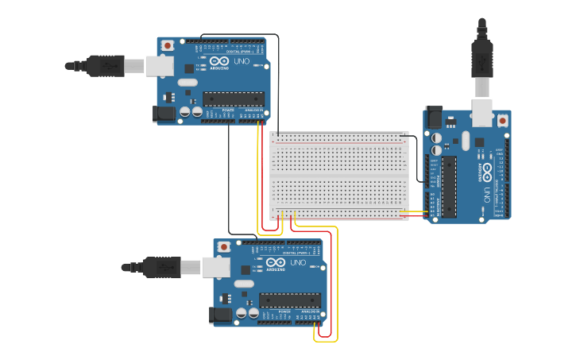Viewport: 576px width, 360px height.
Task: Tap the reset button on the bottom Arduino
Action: point(224,247)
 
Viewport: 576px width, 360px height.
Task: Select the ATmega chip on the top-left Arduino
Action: point(232,99)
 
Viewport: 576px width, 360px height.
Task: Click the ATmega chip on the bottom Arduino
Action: point(289,300)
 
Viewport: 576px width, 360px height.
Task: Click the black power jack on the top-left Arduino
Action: point(164,114)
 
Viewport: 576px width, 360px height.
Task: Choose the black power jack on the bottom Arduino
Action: point(222,315)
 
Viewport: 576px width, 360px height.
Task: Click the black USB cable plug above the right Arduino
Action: point(482,56)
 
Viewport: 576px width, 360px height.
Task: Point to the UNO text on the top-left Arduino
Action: point(241,62)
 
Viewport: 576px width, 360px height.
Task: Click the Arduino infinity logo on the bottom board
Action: point(276,263)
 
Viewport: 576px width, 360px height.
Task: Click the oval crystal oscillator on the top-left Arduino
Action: point(187,83)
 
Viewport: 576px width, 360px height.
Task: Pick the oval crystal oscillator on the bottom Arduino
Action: point(245,284)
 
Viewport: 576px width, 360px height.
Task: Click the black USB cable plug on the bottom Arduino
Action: point(162,268)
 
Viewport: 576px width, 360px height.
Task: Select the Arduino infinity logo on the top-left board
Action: point(219,62)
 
